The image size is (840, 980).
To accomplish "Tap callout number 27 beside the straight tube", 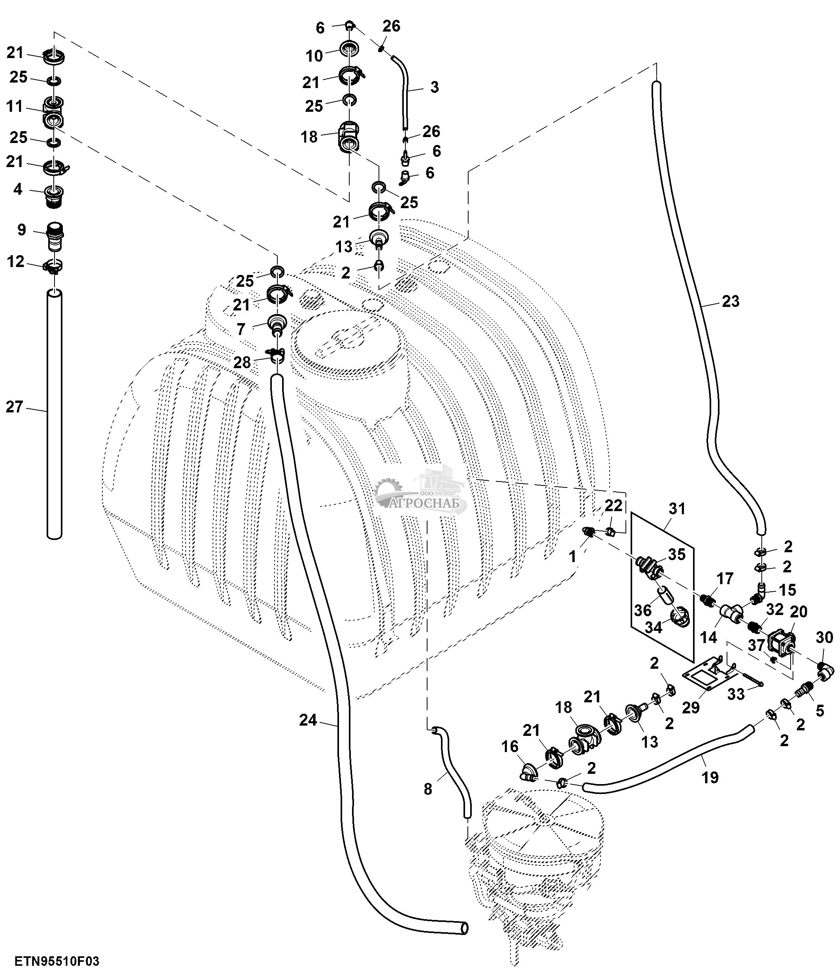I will click(x=14, y=407).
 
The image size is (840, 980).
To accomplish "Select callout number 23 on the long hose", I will click(x=730, y=301).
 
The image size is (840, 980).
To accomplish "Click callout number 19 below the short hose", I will click(x=710, y=777).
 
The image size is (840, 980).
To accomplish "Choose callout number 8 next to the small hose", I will click(x=428, y=789).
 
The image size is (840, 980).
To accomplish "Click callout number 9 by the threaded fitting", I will click(x=22, y=230).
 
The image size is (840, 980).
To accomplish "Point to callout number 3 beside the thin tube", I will click(x=434, y=87).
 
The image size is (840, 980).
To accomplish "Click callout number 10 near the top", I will click(x=314, y=56).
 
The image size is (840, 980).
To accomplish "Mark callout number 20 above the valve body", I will click(x=799, y=611).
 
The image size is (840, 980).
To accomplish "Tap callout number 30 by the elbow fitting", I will click(x=824, y=637).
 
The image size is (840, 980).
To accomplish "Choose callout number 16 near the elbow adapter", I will click(x=510, y=746).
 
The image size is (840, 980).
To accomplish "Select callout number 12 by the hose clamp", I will click(x=16, y=261).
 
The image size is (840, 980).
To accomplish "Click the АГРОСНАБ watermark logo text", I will click(x=428, y=504).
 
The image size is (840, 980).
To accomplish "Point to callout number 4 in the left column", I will click(x=17, y=189).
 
